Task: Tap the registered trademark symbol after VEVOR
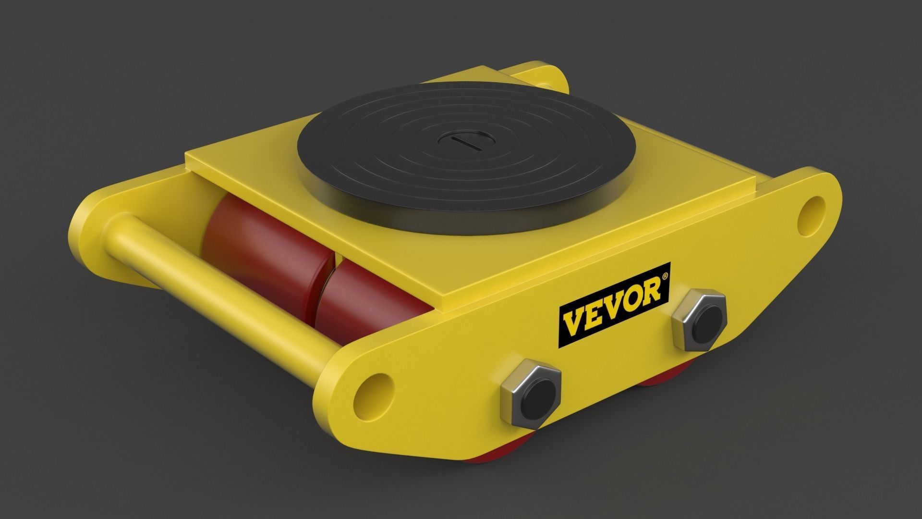[665, 277]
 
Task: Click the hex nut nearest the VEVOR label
[699, 320]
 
